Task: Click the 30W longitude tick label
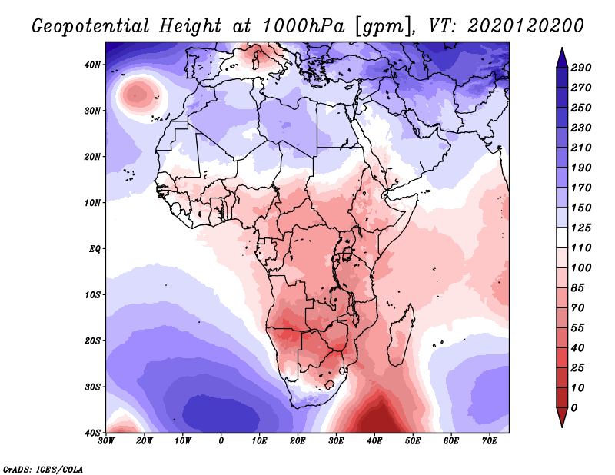pos(107,440)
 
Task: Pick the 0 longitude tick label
pos(221,440)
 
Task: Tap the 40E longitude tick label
pos(374,440)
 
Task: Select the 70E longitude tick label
pos(489,440)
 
